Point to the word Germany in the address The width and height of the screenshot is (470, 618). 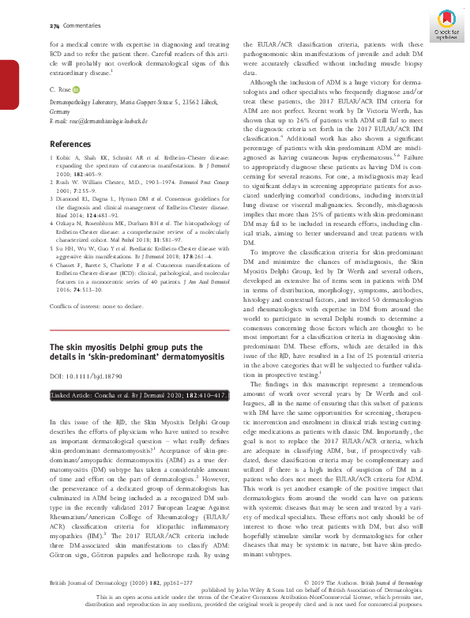pyautogui.click(x=61, y=111)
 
